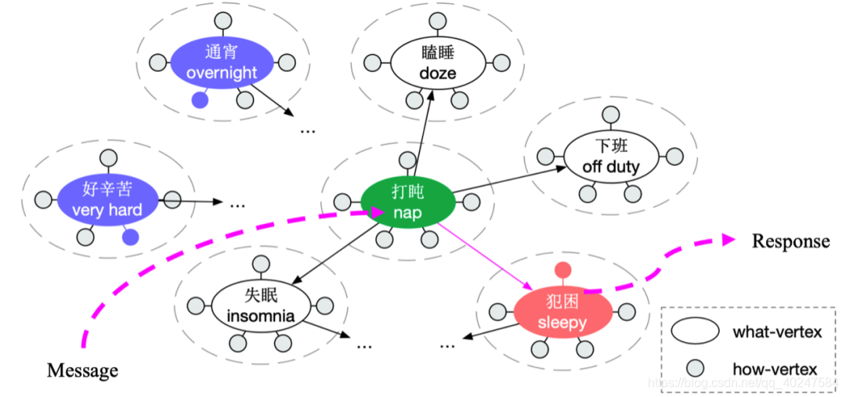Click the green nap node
(x=407, y=202)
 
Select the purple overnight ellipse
(x=221, y=63)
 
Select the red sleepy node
(x=562, y=312)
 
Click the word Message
(x=82, y=370)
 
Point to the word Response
(x=790, y=241)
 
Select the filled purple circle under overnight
(x=201, y=99)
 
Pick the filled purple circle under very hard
(x=131, y=236)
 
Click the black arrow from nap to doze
(x=422, y=133)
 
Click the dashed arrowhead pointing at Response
(x=727, y=240)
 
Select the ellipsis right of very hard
(x=237, y=204)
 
